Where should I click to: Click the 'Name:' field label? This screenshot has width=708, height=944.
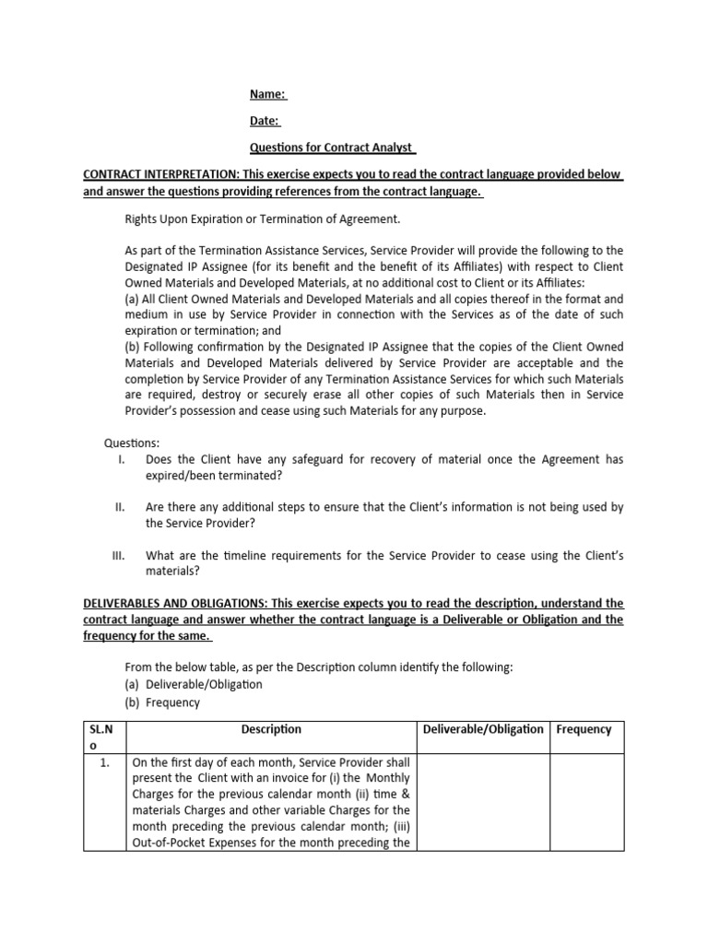click(267, 94)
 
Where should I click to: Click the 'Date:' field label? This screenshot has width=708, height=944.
click(265, 121)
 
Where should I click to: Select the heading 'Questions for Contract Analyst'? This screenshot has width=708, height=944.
click(333, 147)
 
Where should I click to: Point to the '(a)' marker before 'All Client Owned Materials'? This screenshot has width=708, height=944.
click(133, 300)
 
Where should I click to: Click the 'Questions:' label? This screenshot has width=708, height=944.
click(131, 443)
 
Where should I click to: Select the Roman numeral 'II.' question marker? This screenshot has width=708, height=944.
click(120, 507)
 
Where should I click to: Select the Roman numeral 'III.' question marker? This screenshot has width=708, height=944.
click(118, 555)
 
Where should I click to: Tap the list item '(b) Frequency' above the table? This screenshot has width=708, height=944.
click(162, 702)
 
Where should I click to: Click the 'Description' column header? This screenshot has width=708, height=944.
click(271, 729)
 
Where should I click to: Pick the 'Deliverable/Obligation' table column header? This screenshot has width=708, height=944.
click(482, 729)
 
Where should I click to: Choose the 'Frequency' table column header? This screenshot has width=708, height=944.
click(584, 729)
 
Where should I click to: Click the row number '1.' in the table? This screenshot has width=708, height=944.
click(104, 762)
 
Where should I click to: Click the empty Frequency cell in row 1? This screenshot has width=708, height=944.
click(586, 803)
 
